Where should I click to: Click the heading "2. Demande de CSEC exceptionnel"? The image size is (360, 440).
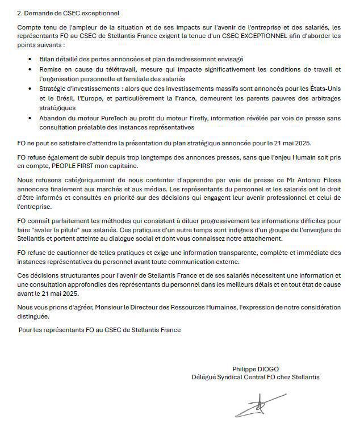(68, 12)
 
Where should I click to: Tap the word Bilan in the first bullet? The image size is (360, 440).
(47, 59)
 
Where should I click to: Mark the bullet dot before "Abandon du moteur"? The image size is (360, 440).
(31, 118)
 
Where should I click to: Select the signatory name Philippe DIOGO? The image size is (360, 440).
(255, 369)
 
